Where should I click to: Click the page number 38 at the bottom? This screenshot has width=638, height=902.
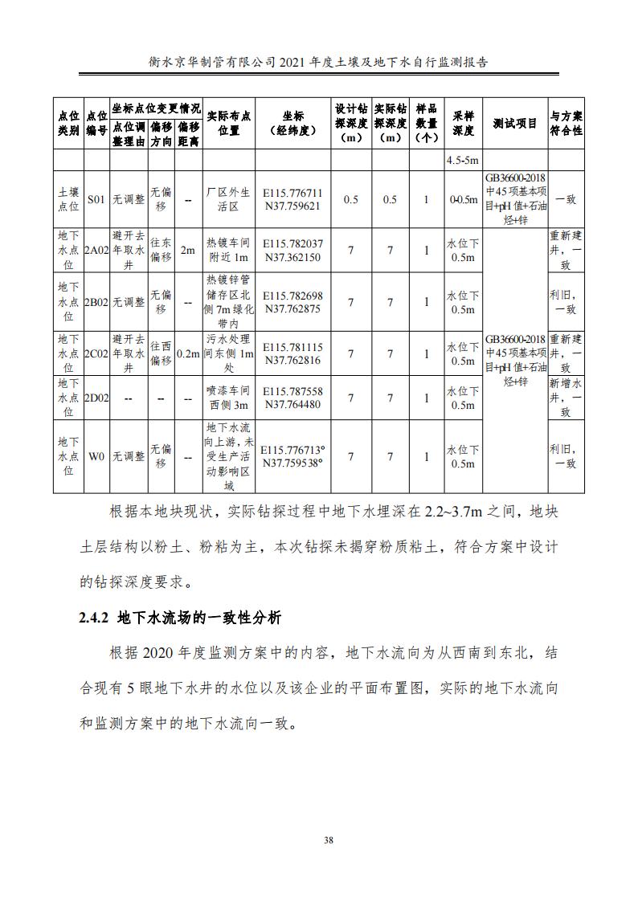tap(328, 840)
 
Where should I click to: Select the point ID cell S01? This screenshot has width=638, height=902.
tap(96, 199)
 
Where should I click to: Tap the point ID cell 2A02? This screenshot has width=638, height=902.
tap(96, 251)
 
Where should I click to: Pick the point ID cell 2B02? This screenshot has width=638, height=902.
tap(96, 302)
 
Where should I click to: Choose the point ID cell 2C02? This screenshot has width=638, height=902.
tap(96, 353)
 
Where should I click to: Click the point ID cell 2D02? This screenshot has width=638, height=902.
tap(96, 398)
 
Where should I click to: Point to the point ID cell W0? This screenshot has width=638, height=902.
tap(96, 456)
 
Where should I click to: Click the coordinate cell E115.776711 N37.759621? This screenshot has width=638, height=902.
tap(292, 199)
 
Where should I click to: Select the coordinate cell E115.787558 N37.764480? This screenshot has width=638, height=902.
tap(292, 398)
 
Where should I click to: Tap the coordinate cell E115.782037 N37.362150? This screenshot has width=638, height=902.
tap(292, 251)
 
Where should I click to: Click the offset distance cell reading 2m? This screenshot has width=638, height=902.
tap(188, 251)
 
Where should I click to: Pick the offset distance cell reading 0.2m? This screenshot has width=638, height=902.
tap(188, 353)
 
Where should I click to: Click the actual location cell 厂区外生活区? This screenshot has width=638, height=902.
tap(229, 199)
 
